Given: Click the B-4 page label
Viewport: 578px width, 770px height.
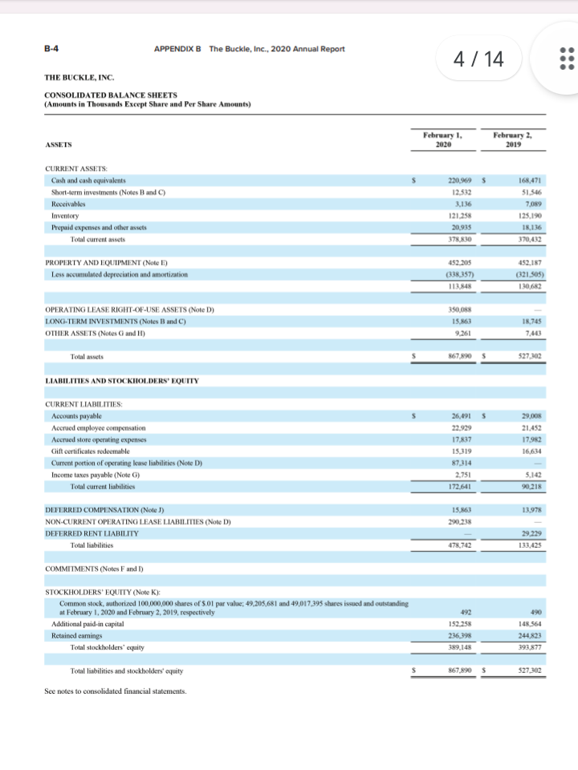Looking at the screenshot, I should [x=50, y=48].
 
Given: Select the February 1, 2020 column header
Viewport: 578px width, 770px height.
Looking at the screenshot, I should [x=441, y=140].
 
